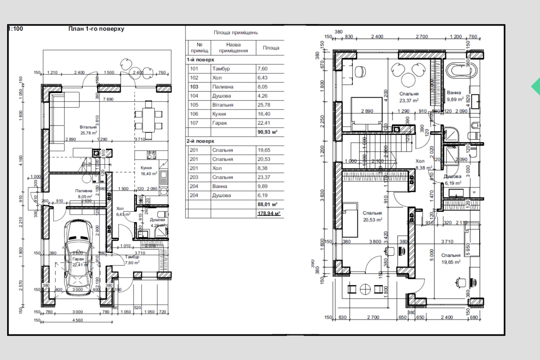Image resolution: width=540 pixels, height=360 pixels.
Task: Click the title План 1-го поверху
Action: click(x=96, y=29)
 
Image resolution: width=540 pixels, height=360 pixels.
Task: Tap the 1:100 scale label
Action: click(x=16, y=29)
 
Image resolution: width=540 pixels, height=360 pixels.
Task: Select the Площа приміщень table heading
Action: click(x=235, y=33)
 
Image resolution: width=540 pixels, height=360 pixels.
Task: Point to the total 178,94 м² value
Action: click(x=268, y=213)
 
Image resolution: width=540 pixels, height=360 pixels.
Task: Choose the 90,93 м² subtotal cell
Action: click(x=267, y=132)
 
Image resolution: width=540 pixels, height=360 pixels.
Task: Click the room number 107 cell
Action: click(x=194, y=123)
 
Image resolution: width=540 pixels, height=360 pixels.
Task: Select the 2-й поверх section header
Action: click(x=200, y=141)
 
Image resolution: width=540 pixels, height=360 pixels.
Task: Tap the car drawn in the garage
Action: click(x=78, y=259)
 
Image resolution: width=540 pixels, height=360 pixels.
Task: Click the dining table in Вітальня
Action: click(x=148, y=120)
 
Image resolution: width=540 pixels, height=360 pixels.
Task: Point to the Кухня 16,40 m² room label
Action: click(x=148, y=171)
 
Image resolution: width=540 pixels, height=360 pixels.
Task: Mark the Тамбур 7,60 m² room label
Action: click(x=132, y=260)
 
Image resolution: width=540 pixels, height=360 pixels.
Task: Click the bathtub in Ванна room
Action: click(x=461, y=71)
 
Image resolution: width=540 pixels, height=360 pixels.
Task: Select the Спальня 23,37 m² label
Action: click(x=409, y=97)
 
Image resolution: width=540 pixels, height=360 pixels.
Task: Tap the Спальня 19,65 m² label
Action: click(x=451, y=259)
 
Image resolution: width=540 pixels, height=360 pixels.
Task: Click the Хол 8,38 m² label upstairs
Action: click(x=423, y=164)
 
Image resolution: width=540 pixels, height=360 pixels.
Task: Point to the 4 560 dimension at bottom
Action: click(x=78, y=320)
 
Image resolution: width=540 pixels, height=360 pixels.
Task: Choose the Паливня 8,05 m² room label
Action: click(x=85, y=193)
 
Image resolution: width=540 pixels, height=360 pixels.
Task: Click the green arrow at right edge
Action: click(x=536, y=87)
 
